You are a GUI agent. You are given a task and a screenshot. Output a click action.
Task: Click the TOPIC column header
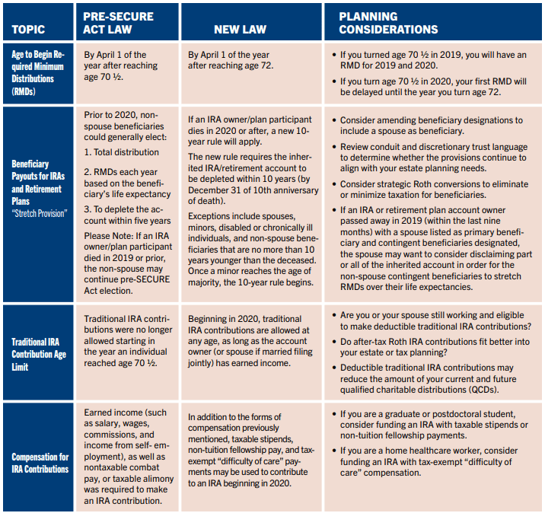tap(29, 30)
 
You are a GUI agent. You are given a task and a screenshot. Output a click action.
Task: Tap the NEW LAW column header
tap(240, 30)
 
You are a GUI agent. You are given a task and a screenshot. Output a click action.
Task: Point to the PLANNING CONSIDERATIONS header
tap(388, 23)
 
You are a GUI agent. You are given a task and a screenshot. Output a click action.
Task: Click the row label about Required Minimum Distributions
tap(38, 73)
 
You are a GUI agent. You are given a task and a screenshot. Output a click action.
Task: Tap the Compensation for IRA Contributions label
tap(40, 463)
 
